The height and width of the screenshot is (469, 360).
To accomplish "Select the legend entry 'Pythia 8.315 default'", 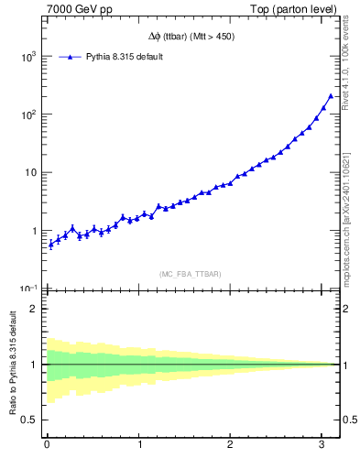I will pos(125,57).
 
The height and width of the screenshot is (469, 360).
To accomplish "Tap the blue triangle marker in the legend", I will pos(70,57).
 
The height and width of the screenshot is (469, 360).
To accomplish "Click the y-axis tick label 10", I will pos(31,173).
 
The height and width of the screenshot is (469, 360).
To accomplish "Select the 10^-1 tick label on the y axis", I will pos(28,289).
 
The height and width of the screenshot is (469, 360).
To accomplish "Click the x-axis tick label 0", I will pos(47,446).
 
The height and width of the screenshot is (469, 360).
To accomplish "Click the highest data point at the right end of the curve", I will pos(331,95).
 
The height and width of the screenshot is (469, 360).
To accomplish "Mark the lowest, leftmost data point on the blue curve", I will pos(50,245).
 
